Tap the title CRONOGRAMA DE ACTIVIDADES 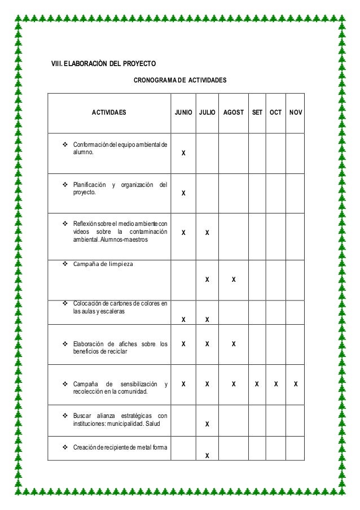coord(179,81)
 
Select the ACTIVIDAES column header coord(109,112)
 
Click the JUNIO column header coord(183,112)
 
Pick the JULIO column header coord(207,112)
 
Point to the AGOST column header coord(234,112)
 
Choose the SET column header coord(257,112)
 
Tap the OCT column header coord(275,112)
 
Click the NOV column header coord(295,112)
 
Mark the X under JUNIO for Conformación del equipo coord(183,154)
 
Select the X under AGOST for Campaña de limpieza coord(234,279)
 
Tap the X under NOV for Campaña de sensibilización coord(295,383)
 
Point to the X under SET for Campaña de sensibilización coord(257,383)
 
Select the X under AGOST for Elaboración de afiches coord(234,343)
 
